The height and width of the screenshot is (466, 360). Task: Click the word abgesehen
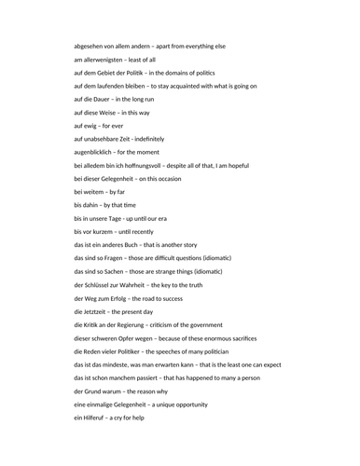click(91, 46)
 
